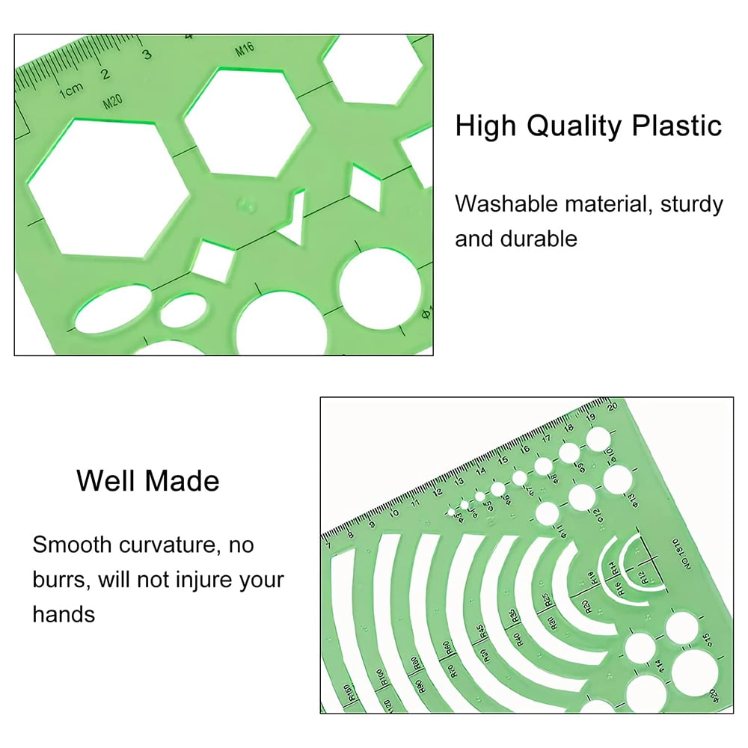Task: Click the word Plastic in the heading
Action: (x=674, y=126)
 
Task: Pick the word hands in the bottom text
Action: (x=64, y=615)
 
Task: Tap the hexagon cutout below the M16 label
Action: (x=247, y=122)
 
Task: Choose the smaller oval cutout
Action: (x=181, y=309)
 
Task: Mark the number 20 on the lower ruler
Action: (x=613, y=406)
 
